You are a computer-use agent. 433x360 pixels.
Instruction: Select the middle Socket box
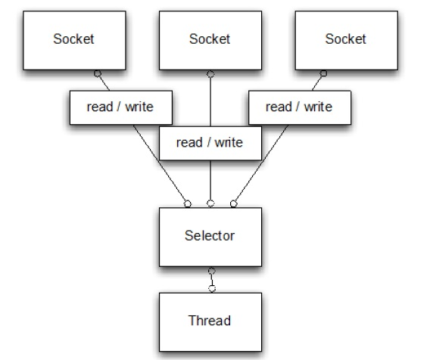click(209, 39)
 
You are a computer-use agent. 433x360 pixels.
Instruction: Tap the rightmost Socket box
click(345, 39)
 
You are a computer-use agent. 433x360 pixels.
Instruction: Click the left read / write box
click(121, 107)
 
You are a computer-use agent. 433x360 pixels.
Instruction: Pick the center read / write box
click(210, 142)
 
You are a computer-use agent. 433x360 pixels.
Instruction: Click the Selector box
click(210, 235)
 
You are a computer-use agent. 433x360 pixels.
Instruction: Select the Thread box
click(210, 321)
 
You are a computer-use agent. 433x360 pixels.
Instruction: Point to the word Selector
click(210, 235)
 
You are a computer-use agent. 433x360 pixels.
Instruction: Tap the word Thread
click(210, 321)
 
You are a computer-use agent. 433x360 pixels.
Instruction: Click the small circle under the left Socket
click(97, 73)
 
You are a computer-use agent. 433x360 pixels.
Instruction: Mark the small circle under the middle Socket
click(210, 73)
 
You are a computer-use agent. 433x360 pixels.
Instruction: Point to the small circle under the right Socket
click(322, 73)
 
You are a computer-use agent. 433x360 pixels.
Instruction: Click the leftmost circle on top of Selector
click(188, 203)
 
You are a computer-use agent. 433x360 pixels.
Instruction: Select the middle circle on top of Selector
click(211, 203)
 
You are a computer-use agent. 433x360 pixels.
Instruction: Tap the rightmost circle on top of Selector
click(233, 203)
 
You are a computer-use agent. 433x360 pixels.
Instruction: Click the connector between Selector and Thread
click(212, 279)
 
